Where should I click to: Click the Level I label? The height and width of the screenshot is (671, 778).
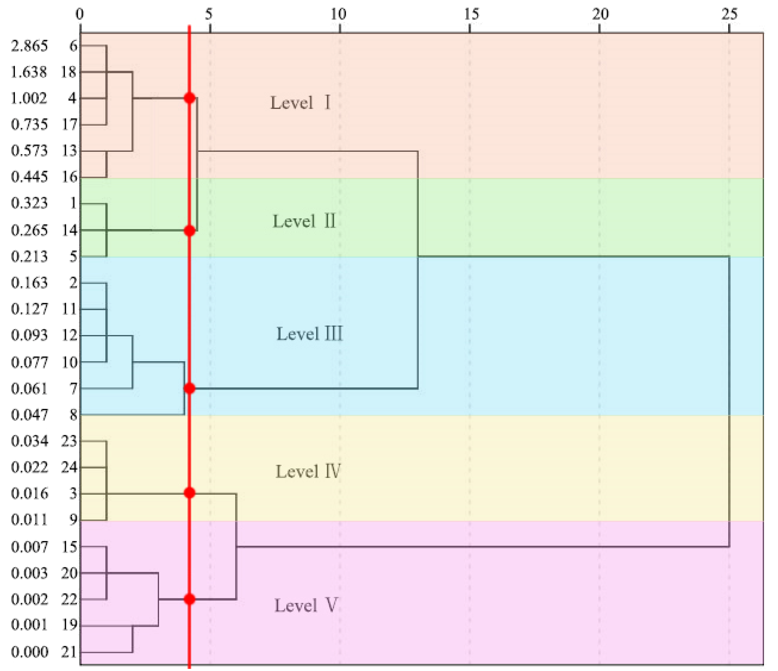[x=300, y=102]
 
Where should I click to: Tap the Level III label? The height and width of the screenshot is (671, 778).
[x=309, y=334]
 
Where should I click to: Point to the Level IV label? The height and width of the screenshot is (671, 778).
[x=308, y=471]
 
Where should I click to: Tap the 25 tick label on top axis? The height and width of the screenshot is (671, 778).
[x=729, y=14]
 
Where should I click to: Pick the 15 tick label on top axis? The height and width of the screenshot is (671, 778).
[x=471, y=14]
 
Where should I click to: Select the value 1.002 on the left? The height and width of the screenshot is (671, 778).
[x=29, y=98]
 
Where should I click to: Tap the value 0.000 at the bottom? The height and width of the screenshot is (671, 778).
[x=29, y=652]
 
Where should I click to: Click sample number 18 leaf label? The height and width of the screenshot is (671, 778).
[x=69, y=72]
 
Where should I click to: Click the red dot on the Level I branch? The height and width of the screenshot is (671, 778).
[x=190, y=98]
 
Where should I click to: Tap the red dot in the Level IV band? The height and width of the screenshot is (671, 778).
[x=190, y=493]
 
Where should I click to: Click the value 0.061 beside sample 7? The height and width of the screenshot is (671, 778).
[x=29, y=389]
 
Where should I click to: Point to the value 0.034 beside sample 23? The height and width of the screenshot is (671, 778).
[x=29, y=441]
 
